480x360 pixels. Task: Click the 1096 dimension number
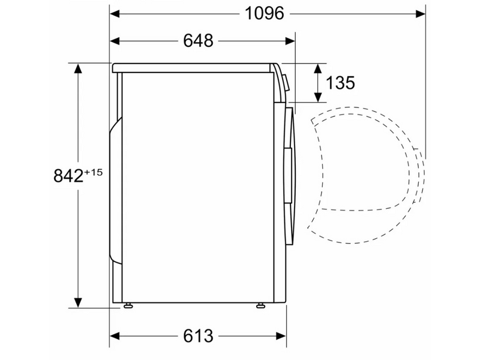coord(265,13)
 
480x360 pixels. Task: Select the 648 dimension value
coord(198,40)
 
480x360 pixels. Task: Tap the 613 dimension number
coord(198,336)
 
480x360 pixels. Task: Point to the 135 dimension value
coord(340,83)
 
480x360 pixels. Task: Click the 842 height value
coord(68,176)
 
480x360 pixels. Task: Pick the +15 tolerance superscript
coord(93,172)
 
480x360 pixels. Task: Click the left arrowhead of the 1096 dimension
coord(115,14)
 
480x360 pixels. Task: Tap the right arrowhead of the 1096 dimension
coord(421,14)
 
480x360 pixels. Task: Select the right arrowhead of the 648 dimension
coord(290,41)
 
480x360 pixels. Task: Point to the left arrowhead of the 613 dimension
coord(115,336)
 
